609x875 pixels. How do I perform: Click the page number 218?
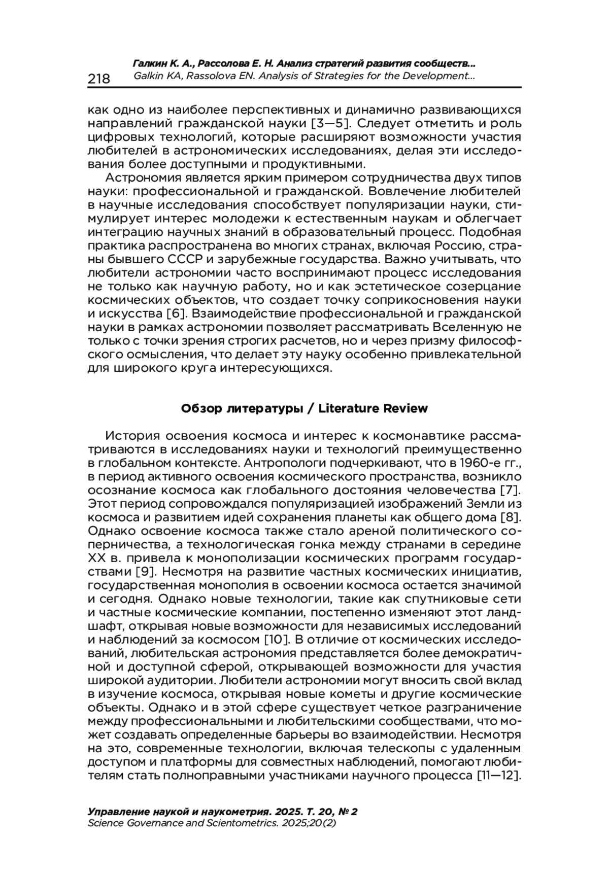coord(99,78)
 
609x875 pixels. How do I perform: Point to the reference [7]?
coord(508,491)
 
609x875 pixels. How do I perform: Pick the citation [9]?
coord(148,572)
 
